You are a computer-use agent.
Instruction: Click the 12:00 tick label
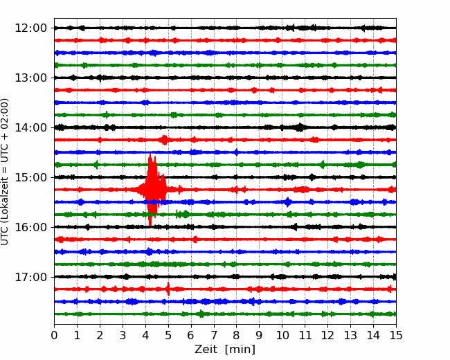[x=30, y=28]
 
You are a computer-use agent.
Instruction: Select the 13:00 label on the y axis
[x=30, y=78]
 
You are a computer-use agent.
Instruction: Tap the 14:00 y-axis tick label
[x=30, y=128]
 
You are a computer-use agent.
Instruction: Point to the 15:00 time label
[x=30, y=177]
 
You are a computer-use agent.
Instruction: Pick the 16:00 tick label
[x=30, y=227]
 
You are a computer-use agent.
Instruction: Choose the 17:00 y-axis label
[x=30, y=277]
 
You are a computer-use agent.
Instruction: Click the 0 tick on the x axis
[x=54, y=335]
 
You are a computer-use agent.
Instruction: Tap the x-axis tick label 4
[x=145, y=335]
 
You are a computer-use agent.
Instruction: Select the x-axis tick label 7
[x=214, y=335]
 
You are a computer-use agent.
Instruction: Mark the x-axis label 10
[x=282, y=335]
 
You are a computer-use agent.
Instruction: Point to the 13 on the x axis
[x=351, y=335]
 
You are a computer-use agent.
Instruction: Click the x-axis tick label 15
[x=396, y=335]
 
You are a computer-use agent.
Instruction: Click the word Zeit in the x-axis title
[x=206, y=349]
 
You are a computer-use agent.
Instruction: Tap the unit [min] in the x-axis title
[x=240, y=350]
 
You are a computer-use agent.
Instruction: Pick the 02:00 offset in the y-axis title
[x=4, y=111]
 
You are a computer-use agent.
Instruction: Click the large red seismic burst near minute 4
[x=152, y=190]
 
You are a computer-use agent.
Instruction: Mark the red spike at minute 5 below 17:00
[x=168, y=289]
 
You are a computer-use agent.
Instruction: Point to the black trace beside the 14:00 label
[x=225, y=127]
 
